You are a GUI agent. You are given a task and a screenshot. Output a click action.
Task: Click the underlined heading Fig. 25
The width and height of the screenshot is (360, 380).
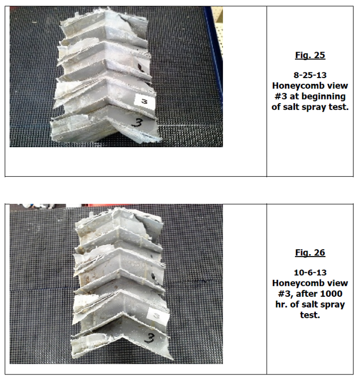coord(310,55)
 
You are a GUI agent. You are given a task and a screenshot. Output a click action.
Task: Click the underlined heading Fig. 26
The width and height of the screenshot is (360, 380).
coord(310,253)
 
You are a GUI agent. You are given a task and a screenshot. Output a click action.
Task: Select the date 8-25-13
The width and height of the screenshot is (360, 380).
coord(310,75)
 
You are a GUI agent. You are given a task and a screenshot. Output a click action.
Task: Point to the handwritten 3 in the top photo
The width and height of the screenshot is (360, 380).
coord(136,122)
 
